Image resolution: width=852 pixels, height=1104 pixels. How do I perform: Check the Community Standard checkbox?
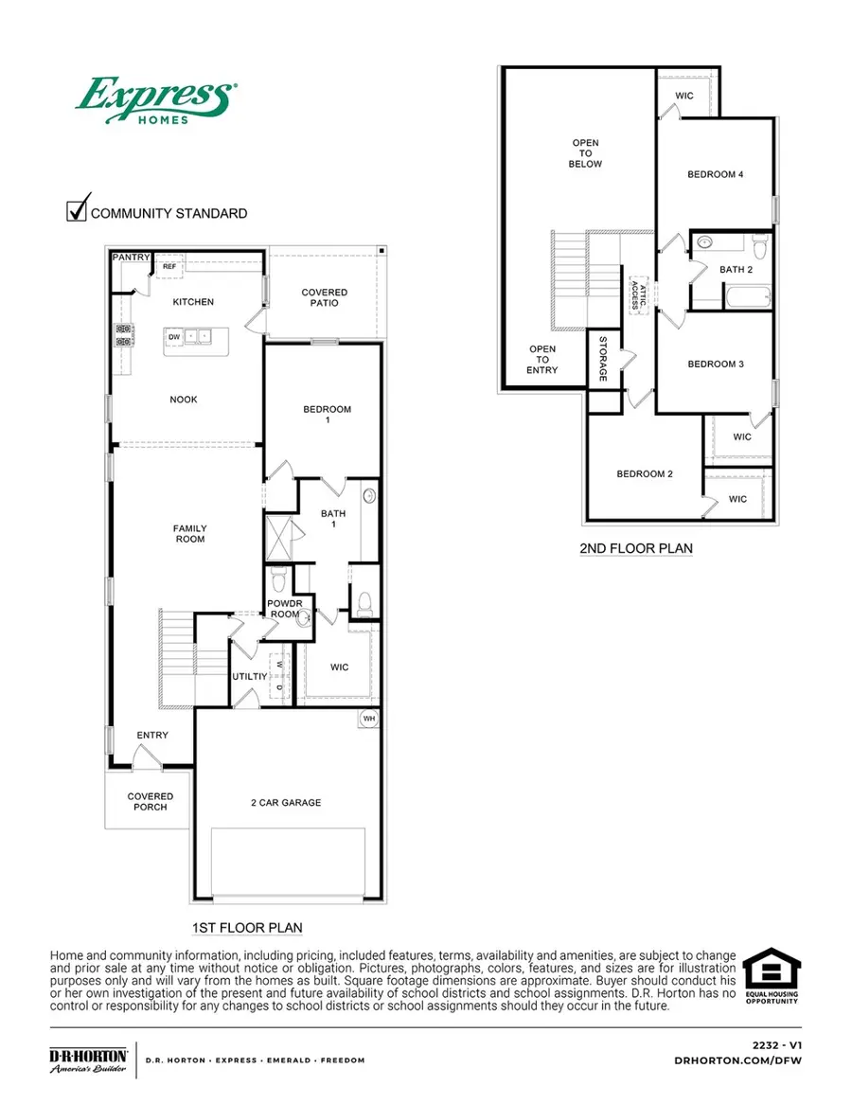(77, 210)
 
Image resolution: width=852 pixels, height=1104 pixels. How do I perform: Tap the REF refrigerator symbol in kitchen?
(169, 267)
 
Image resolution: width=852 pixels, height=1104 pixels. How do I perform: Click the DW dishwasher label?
(174, 336)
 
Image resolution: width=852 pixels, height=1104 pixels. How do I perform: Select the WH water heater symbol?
(368, 720)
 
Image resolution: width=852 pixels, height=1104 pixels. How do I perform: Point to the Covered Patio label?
(325, 297)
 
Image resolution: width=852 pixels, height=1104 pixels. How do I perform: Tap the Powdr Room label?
(284, 608)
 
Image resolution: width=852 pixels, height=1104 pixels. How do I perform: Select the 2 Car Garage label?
(285, 802)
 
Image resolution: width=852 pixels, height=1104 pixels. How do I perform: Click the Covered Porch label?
(151, 802)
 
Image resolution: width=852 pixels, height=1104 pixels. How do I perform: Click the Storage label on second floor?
(601, 359)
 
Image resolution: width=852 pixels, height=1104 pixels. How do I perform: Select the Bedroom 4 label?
(715, 174)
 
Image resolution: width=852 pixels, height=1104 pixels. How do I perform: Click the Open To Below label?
(586, 153)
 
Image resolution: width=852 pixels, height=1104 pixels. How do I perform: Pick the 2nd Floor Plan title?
(635, 548)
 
